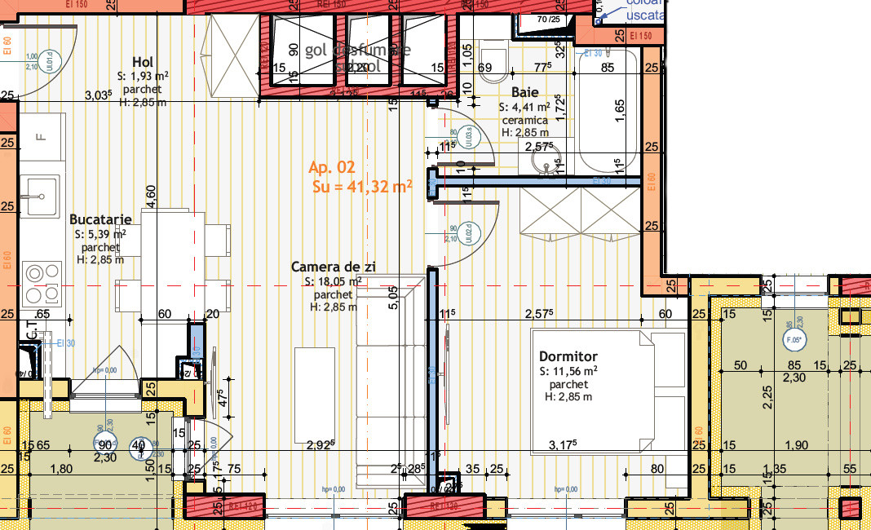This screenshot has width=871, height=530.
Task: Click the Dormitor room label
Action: (x=568, y=356)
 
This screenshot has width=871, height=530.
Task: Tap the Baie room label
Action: (x=525, y=92)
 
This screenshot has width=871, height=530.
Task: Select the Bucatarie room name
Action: (x=100, y=219)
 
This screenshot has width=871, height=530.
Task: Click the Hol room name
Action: (x=143, y=62)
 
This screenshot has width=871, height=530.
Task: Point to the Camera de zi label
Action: (x=334, y=267)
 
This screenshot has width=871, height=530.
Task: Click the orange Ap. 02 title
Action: (x=332, y=167)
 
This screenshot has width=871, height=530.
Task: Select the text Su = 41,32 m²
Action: (x=362, y=187)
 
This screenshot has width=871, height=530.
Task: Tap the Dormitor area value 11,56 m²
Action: (x=568, y=370)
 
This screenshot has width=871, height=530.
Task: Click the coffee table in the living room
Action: (x=315, y=383)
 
